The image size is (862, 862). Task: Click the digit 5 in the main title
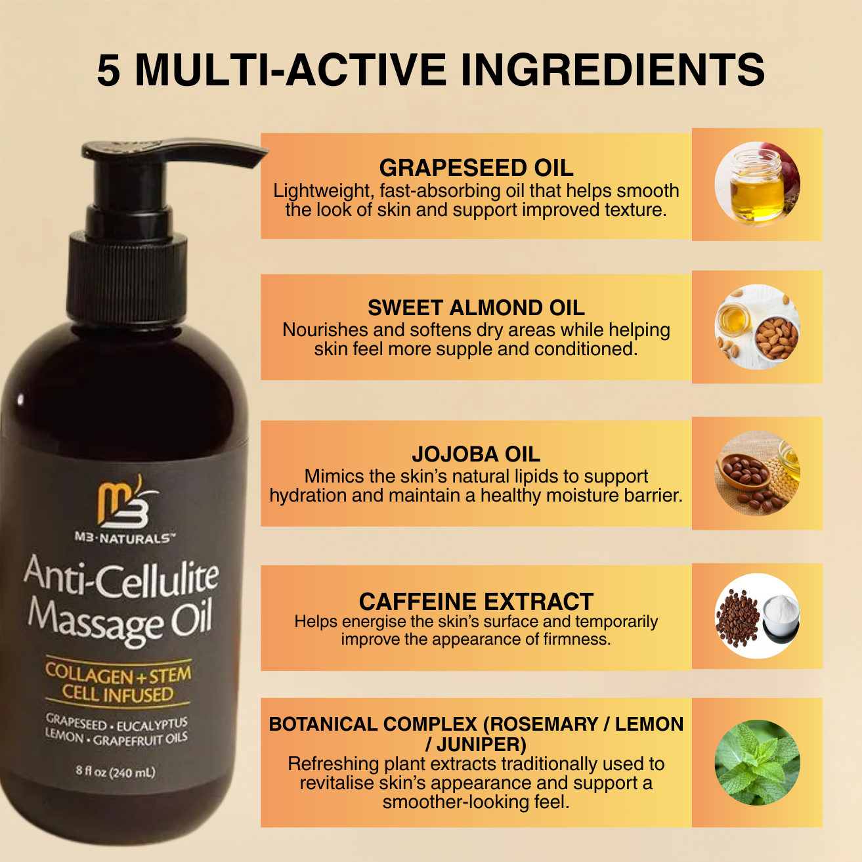tap(109, 70)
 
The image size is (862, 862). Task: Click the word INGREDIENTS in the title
tap(613, 70)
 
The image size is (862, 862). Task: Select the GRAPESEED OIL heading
tap(476, 168)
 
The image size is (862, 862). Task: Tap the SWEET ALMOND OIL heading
tap(476, 308)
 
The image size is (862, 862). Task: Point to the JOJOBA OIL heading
tap(476, 454)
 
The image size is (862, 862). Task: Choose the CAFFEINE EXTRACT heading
tap(476, 601)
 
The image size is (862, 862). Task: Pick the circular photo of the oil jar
tap(757, 184)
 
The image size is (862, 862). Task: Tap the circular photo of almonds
tap(757, 327)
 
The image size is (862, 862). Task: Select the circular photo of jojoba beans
tap(757, 473)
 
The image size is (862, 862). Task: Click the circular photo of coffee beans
tap(757, 616)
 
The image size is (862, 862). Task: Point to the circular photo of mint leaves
tap(757, 763)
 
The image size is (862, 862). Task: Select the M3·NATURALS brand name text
tap(124, 538)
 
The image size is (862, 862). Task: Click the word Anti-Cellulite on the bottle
tap(121, 576)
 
